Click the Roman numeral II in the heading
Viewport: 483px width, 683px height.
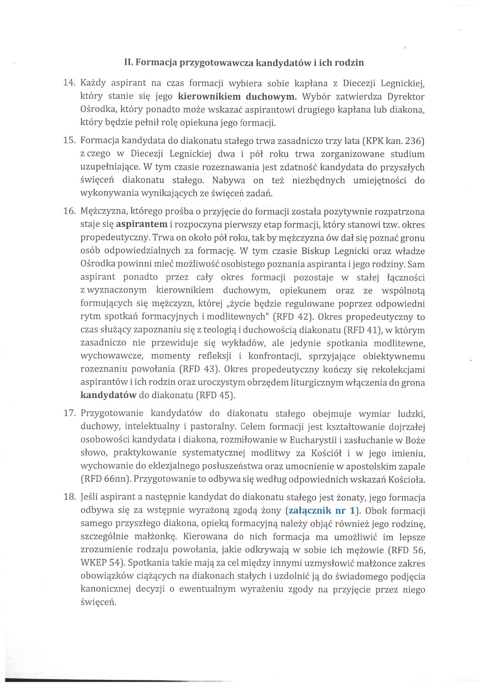128,62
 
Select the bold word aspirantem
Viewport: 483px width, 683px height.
142,225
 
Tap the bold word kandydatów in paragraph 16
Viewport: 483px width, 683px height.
108,395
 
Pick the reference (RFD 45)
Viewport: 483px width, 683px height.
216,395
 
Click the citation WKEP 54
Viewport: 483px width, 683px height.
101,563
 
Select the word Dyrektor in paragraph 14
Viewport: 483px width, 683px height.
406,96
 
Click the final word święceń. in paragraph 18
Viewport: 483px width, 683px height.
98,602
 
